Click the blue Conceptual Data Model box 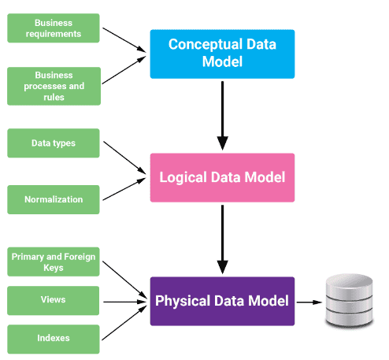(222, 54)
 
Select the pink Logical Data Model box (222, 177)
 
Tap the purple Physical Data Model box (222, 301)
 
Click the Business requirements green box (54, 29)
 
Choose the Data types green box (54, 143)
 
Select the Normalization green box (54, 199)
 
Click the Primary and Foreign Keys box (54, 261)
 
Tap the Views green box (54, 300)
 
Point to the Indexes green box (54, 338)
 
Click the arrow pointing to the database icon (309, 301)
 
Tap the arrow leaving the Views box (124, 301)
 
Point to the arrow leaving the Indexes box (124, 325)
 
